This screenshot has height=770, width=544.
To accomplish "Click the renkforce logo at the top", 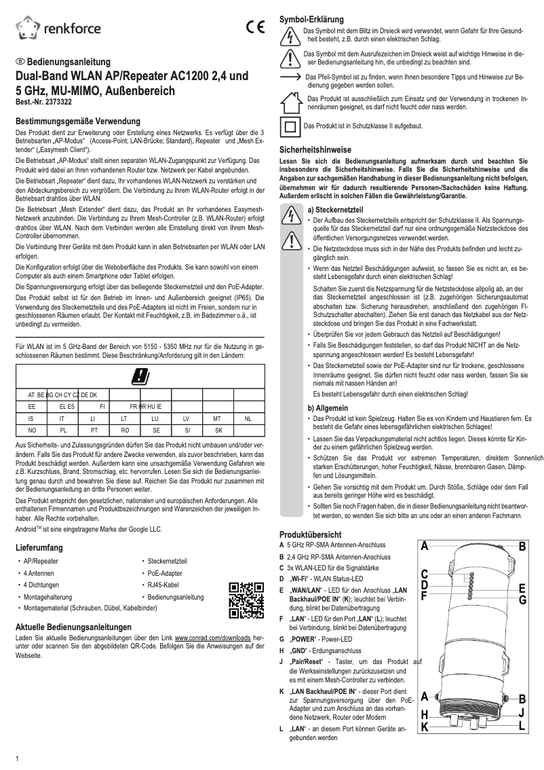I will (58, 28).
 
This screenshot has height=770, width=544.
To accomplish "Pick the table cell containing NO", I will (31, 430).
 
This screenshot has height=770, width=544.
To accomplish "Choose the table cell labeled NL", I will (248, 418).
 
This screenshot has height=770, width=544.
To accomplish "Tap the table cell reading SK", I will (218, 430).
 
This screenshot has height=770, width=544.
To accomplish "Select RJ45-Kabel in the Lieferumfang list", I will (163, 585).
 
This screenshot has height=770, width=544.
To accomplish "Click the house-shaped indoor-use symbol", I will (290, 103).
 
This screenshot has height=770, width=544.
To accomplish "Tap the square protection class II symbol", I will (290, 126).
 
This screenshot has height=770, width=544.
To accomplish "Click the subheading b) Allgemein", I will (328, 407).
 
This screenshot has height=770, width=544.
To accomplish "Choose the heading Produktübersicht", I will (313, 534).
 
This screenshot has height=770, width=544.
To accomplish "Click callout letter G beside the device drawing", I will (522, 600).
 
